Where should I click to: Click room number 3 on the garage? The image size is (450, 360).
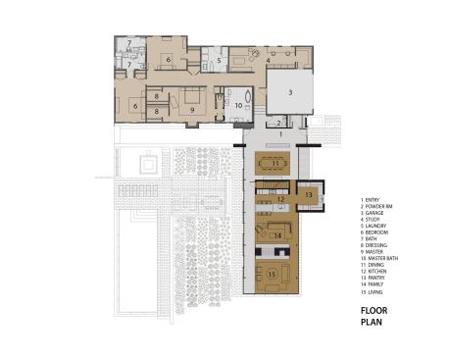(290, 91)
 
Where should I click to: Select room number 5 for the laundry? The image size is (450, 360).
(221, 61)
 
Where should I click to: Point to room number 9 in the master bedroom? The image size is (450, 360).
(192, 110)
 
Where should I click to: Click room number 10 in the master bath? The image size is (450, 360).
(237, 103)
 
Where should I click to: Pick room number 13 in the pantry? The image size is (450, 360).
(308, 195)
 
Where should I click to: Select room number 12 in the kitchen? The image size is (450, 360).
(279, 199)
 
